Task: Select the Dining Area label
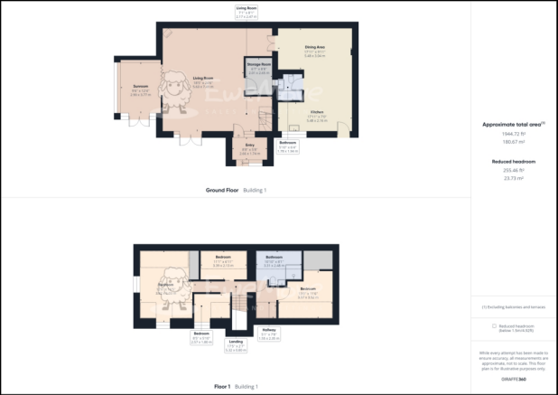tap(313, 51)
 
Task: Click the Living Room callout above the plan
tap(246, 11)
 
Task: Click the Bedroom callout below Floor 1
tap(200, 339)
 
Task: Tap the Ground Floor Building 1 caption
tap(235, 191)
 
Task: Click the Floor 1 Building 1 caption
tap(235, 386)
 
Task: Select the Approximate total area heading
tap(513, 125)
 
